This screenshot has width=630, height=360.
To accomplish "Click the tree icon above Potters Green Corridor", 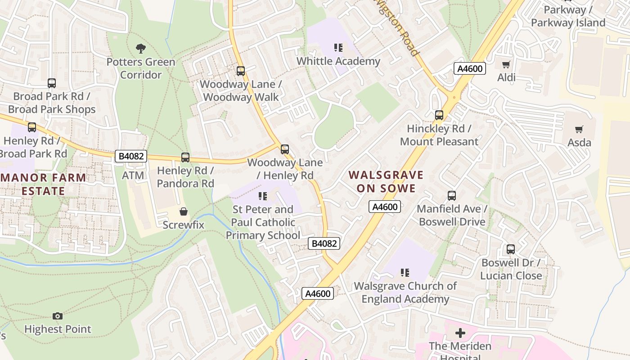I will pyautogui.click(x=141, y=48).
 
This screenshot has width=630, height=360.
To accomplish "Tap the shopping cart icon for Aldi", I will pyautogui.click(x=506, y=64).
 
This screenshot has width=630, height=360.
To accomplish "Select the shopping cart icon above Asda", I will pyautogui.click(x=579, y=130).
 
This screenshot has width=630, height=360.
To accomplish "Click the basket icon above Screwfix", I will pyautogui.click(x=184, y=211).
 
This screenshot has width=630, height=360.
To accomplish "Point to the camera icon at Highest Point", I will pyautogui.click(x=58, y=316).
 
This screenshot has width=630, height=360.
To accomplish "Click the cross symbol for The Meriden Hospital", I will pyautogui.click(x=460, y=333).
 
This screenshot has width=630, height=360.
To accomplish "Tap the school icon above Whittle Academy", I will pyautogui.click(x=338, y=48).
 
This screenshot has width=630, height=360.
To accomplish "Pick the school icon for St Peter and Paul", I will pyautogui.click(x=263, y=196).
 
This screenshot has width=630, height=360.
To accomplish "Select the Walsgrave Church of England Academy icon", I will pyautogui.click(x=405, y=273).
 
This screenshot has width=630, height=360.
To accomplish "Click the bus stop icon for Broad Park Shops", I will pyautogui.click(x=52, y=83).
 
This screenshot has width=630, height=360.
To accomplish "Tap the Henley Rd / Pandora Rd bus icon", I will pyautogui.click(x=185, y=157).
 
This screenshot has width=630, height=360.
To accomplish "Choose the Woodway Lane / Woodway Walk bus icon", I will pyautogui.click(x=241, y=71).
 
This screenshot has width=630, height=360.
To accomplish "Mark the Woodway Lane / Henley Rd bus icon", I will pyautogui.click(x=285, y=149).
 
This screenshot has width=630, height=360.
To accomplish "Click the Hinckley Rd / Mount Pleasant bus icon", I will pyautogui.click(x=439, y=115).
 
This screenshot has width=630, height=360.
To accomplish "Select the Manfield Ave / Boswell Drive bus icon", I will pyautogui.click(x=452, y=196).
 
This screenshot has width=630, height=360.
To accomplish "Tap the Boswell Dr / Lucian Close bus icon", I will pyautogui.click(x=511, y=249).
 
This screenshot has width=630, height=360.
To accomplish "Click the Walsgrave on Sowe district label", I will pyautogui.click(x=386, y=181).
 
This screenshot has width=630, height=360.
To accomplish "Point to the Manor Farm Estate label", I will pyautogui.click(x=43, y=184).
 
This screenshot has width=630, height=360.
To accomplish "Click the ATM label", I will pyautogui.click(x=133, y=175).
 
